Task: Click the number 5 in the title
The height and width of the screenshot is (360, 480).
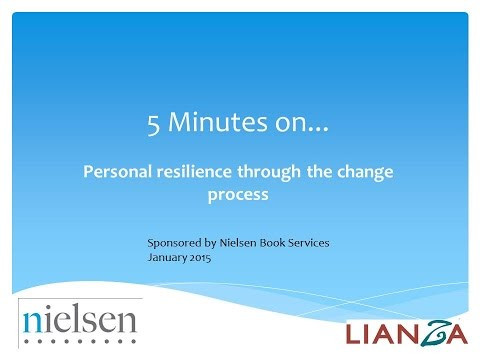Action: tap(151, 127)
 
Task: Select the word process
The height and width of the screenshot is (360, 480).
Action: tap(240, 195)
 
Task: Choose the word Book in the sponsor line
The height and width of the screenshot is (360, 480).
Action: tap(286, 242)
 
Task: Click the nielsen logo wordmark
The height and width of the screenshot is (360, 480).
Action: tap(80, 320)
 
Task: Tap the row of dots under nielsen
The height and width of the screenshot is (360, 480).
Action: tap(80, 341)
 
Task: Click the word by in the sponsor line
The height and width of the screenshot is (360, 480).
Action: tap(214, 243)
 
